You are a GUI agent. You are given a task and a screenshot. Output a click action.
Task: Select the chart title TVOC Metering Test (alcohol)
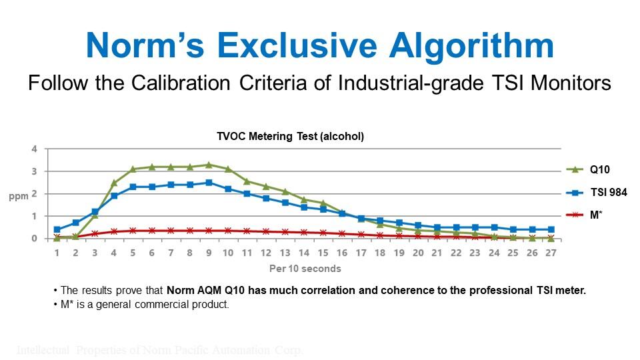291,136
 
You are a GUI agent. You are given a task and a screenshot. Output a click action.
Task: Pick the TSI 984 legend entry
607,193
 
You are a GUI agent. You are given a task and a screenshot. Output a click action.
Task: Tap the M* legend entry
595,215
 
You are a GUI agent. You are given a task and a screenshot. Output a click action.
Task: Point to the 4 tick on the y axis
34,149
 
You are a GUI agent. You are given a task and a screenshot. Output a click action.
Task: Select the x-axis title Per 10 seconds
305,269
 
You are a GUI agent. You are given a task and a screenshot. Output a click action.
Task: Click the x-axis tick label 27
551,253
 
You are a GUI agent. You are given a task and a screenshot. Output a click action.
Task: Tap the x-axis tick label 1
57,253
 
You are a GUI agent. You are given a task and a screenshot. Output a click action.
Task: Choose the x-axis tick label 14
304,253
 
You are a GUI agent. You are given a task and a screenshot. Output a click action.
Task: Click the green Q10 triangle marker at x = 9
209,165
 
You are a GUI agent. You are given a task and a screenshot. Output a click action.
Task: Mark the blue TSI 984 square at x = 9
209,183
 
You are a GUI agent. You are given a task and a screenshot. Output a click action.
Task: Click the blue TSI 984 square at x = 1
57,229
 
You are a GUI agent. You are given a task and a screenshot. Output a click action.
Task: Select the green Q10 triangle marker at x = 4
114,183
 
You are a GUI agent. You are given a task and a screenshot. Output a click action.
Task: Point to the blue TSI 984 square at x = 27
551,229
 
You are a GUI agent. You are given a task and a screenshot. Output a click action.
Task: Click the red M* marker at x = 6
152,231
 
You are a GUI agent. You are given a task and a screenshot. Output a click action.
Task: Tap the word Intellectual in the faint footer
43,350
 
